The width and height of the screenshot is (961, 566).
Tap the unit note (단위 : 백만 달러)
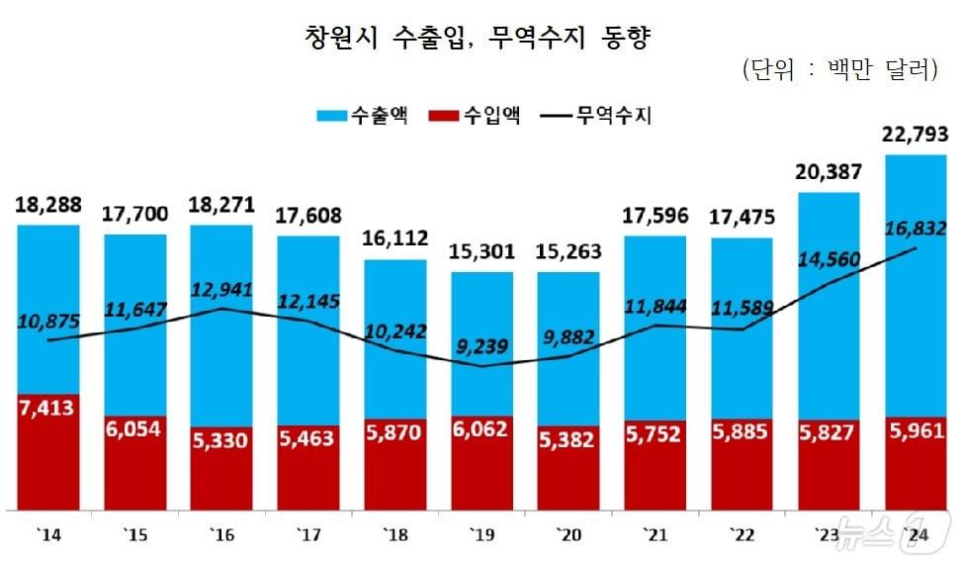837,70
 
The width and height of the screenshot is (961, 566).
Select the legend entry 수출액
365,117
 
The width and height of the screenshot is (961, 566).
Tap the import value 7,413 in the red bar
48,406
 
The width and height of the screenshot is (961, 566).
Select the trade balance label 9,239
482,346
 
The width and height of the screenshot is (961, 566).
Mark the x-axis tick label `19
481,534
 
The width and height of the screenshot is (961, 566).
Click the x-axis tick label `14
48,534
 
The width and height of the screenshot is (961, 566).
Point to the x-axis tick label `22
742,534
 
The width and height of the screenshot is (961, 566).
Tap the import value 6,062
482,429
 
